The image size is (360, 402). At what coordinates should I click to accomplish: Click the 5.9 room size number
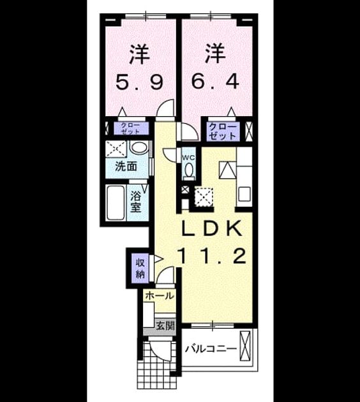coord(139,82)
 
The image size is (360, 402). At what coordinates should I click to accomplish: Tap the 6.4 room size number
coord(215,81)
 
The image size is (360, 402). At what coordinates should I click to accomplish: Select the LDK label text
coord(212,228)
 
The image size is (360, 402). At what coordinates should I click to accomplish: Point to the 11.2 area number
coord(213,256)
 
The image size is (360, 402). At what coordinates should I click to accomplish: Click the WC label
coord(188,158)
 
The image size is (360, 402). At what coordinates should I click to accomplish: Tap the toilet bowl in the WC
coord(189,170)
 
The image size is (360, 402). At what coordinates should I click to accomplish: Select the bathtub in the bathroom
coord(116,202)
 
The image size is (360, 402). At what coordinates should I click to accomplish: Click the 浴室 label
coord(136,202)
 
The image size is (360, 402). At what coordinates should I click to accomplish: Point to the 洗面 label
coord(126,167)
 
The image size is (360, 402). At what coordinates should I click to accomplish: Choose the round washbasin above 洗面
coord(139,148)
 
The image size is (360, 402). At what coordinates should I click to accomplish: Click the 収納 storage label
coord(140,269)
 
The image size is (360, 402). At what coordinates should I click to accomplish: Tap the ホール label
coord(160,296)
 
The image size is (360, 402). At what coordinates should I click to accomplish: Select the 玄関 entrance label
coord(165,325)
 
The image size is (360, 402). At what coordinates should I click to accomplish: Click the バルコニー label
coord(211,348)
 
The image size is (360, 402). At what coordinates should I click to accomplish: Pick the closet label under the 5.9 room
coord(130,128)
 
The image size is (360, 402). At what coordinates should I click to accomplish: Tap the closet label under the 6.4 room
coord(222,131)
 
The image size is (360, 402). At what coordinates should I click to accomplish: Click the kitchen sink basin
coord(244,194)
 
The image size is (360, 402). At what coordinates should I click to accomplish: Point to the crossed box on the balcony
coord(245,346)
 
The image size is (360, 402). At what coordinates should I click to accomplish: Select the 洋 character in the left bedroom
coord(140,55)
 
